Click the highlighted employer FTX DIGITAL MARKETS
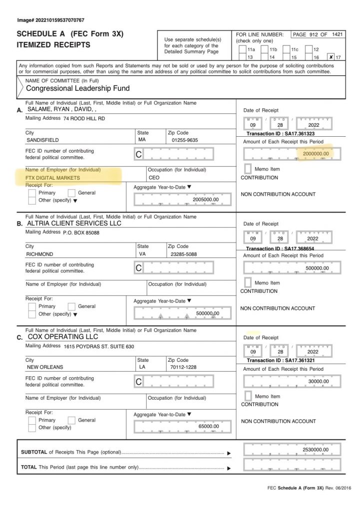[x=53, y=178]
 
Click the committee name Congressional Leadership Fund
[x=77, y=88]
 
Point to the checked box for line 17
[x=331, y=57]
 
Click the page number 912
[x=315, y=34]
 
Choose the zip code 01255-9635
[x=184, y=140]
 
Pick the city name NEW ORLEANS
[x=45, y=367]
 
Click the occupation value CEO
[x=154, y=178]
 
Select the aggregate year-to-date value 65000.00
[x=208, y=426]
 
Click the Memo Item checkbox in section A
[x=248, y=169]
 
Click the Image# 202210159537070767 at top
[x=50, y=20]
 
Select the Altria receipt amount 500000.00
[x=317, y=268]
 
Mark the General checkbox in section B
[x=71, y=306]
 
